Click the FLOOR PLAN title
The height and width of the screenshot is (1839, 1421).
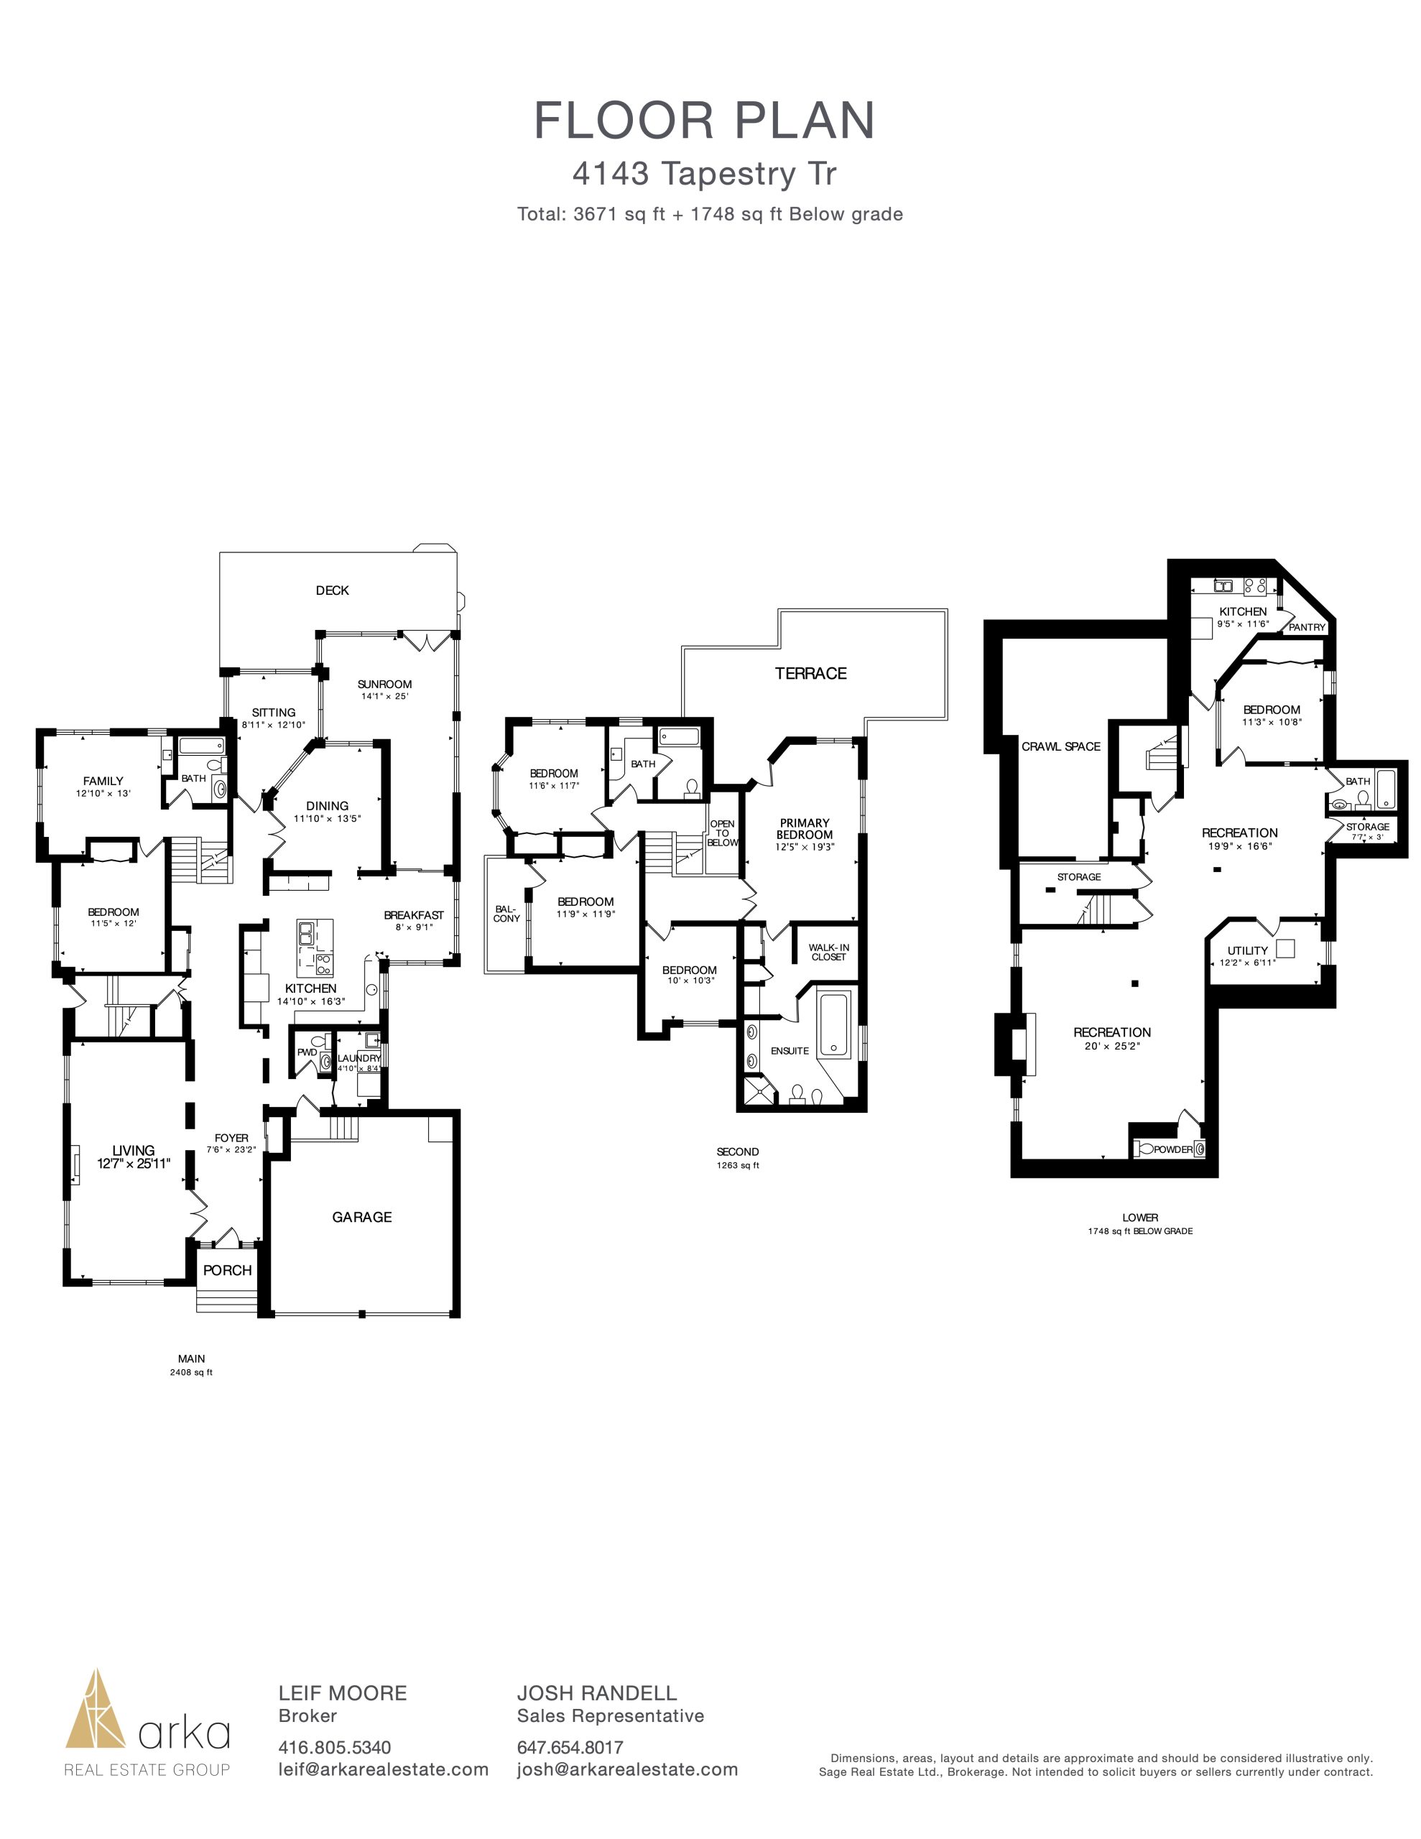(705, 121)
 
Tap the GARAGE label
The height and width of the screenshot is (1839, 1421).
(361, 1217)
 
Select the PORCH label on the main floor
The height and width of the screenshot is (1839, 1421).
(228, 1271)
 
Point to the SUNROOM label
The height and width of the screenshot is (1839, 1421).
(384, 684)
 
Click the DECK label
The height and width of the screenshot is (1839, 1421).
(332, 590)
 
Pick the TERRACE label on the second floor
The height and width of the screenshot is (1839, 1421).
(810, 673)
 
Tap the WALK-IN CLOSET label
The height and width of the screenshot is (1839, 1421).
(829, 953)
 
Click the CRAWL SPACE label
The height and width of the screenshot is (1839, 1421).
(1060, 746)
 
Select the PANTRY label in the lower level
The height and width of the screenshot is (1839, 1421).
(1307, 627)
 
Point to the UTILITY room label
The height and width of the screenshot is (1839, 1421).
(1247, 950)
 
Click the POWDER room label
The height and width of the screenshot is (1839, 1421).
(1172, 1149)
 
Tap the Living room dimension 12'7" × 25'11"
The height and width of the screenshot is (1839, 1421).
(134, 1163)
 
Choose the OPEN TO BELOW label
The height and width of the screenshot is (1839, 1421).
(722, 833)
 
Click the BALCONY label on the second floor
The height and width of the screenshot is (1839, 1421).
(506, 914)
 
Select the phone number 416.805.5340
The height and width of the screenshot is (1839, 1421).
(334, 1748)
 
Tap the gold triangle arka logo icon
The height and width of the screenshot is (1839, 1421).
(97, 1708)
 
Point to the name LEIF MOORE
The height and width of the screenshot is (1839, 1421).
(343, 1693)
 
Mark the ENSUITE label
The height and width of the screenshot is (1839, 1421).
(790, 1051)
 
